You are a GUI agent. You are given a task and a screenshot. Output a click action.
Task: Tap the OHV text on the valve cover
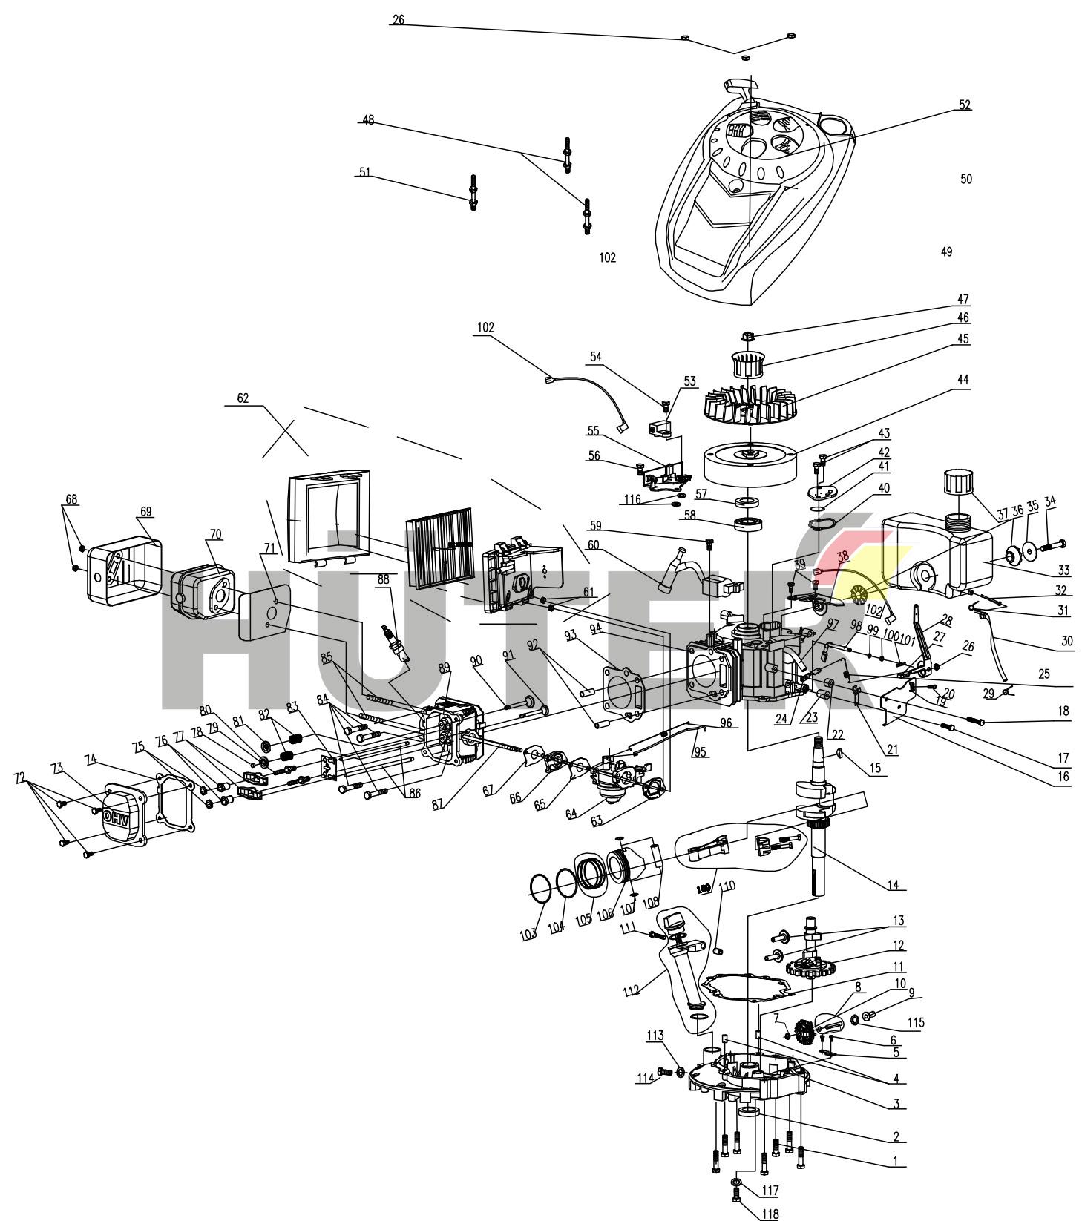point(116,815)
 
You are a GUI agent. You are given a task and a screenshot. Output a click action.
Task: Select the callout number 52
point(964,105)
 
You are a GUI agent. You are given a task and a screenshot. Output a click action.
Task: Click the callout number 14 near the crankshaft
point(893,884)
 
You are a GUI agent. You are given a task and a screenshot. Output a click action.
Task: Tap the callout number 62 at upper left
point(243,398)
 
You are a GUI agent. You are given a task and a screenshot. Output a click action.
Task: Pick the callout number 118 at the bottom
point(769,1214)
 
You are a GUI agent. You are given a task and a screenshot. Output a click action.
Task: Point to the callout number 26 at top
point(398,20)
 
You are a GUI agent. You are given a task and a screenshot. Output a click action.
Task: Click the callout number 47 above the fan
point(963,300)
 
